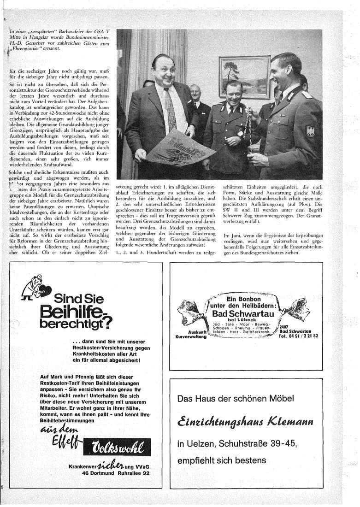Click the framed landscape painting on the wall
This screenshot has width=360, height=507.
[245, 77]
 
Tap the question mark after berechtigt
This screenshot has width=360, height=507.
[107, 324]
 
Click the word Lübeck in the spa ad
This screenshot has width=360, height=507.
[248, 320]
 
